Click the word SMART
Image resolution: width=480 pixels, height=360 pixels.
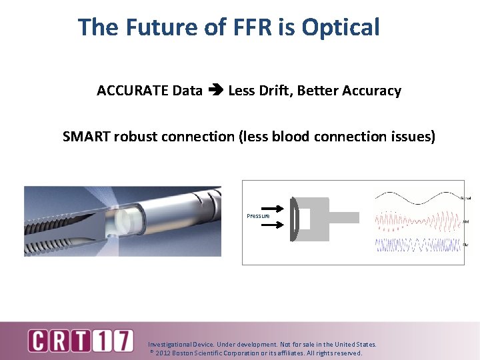pyautogui.click(x=86, y=137)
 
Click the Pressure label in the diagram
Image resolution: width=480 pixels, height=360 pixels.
pyautogui.click(x=258, y=216)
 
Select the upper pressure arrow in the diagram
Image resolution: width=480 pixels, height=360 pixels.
pyautogui.click(x=269, y=208)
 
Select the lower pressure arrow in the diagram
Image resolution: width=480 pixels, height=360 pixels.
pyautogui.click(x=269, y=225)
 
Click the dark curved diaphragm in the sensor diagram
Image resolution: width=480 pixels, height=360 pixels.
pyautogui.click(x=293, y=219)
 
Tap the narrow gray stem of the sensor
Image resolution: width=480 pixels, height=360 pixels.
pyautogui.click(x=344, y=218)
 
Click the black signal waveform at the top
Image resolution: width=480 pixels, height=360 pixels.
pyautogui.click(x=417, y=197)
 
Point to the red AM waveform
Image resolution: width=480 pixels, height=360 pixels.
pyautogui.click(x=417, y=221)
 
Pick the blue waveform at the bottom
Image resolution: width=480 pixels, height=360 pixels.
pyautogui.click(x=417, y=245)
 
